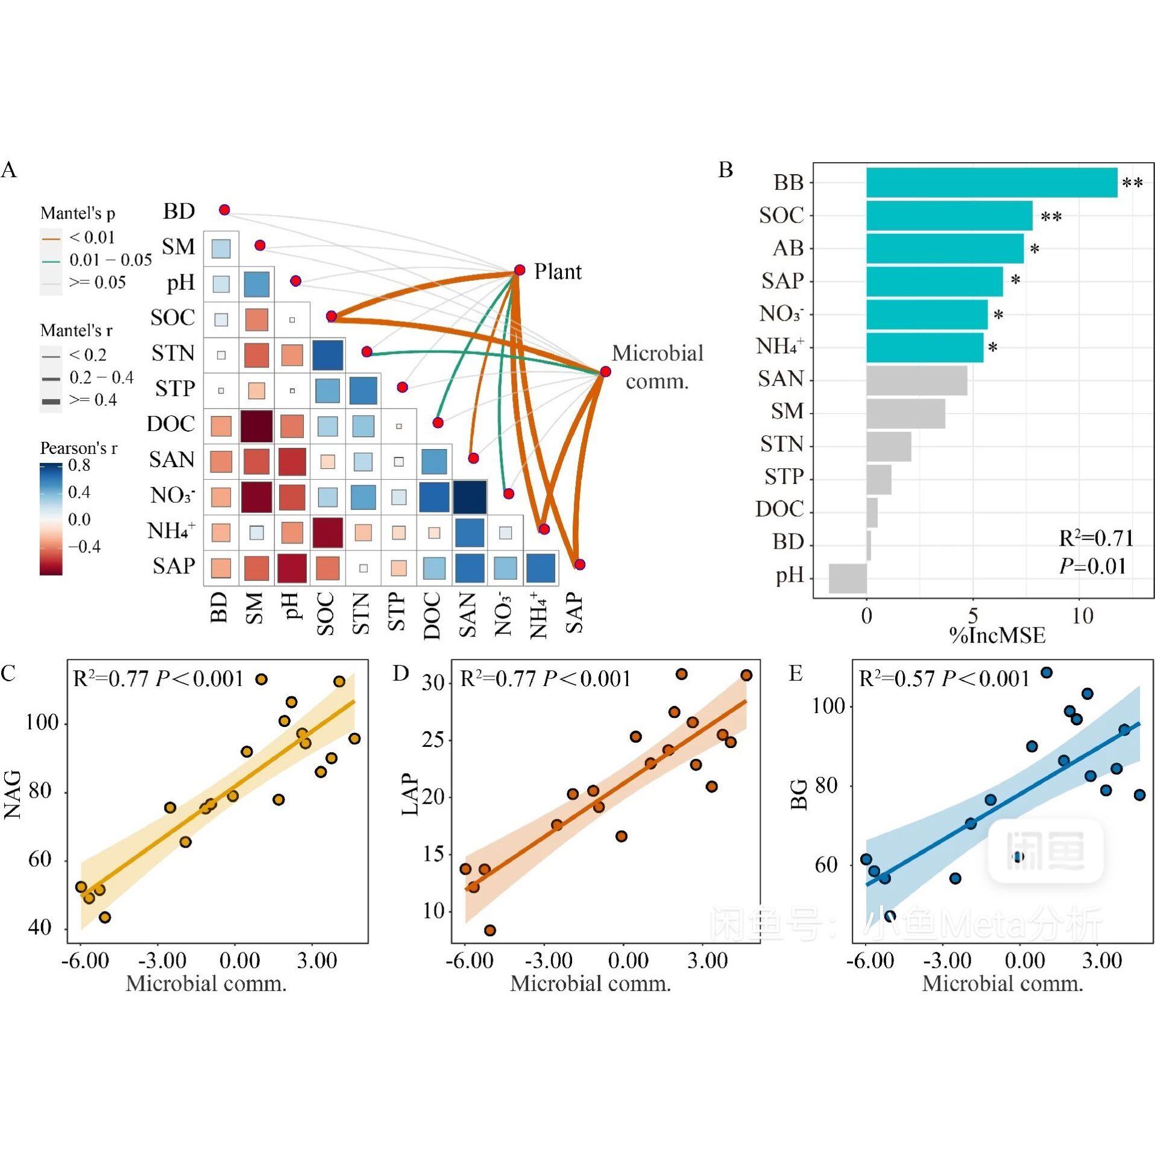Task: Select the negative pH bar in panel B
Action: point(847,577)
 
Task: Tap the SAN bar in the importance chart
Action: point(916,380)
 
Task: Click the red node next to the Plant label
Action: point(519,269)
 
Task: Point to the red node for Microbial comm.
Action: point(605,371)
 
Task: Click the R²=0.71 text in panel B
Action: point(1095,538)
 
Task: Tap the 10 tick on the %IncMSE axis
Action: point(1081,615)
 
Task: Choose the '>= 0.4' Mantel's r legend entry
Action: point(93,400)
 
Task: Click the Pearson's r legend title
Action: point(78,448)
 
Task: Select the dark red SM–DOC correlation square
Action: point(256,426)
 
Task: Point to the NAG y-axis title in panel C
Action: point(13,794)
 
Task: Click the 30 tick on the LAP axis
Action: point(433,683)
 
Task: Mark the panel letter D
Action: point(401,673)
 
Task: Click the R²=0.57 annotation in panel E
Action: point(943,679)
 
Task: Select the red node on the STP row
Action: point(402,387)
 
